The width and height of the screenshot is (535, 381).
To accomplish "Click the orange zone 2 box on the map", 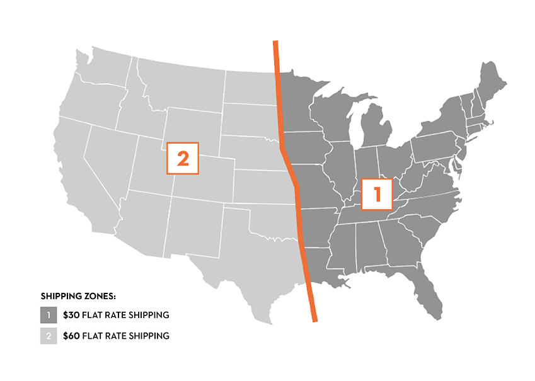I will [x=182, y=158].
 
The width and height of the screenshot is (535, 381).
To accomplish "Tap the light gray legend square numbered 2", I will [x=49, y=336].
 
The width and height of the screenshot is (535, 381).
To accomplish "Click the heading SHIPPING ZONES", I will [x=79, y=295].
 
